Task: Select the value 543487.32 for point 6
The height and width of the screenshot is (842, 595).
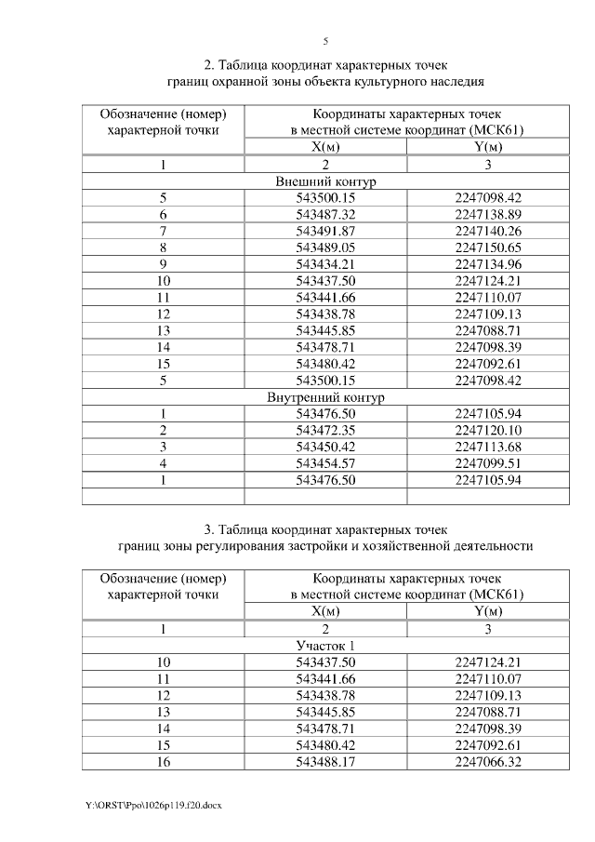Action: coord(325,214)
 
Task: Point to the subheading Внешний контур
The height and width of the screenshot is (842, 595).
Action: coord(325,181)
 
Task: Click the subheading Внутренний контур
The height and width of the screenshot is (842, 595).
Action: coord(325,397)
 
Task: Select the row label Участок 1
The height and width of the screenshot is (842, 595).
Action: coord(325,646)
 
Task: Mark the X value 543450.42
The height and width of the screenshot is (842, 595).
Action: coord(325,447)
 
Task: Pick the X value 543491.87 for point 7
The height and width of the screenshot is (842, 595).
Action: coord(325,231)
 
